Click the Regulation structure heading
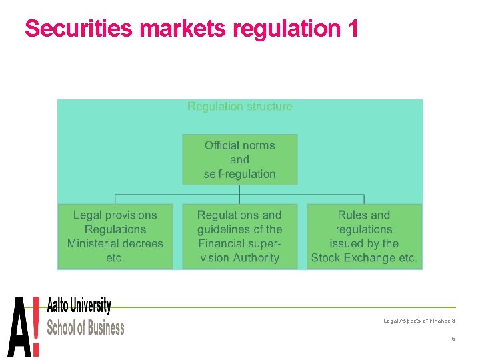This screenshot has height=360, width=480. point(239,106)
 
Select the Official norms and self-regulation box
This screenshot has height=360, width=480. point(239,160)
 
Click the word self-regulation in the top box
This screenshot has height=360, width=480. point(239,175)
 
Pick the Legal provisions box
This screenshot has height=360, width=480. point(115,236)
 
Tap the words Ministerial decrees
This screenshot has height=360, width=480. point(115,243)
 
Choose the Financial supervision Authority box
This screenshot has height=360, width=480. point(239,236)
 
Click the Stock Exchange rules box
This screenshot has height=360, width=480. point(364,236)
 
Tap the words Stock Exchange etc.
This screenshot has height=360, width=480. point(364,258)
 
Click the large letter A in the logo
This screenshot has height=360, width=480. point(18,327)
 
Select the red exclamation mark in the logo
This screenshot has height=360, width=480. point(35,327)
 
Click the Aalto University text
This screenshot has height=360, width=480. point(79,307)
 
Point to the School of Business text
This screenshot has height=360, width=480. point(85,327)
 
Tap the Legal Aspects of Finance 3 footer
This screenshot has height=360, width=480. point(419,321)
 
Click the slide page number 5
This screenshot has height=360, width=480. point(453,339)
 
